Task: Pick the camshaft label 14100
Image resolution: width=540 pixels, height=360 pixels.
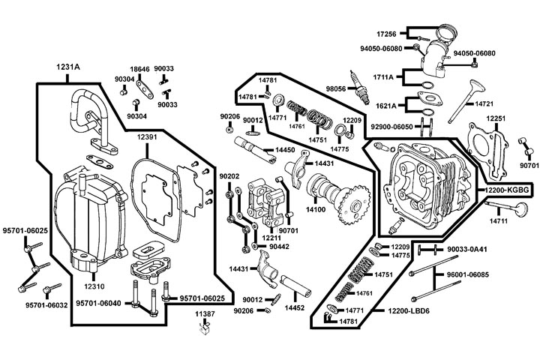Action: (314, 209)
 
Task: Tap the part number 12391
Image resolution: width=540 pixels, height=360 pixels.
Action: (147, 137)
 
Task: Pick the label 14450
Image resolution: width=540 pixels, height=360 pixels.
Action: (285, 150)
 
